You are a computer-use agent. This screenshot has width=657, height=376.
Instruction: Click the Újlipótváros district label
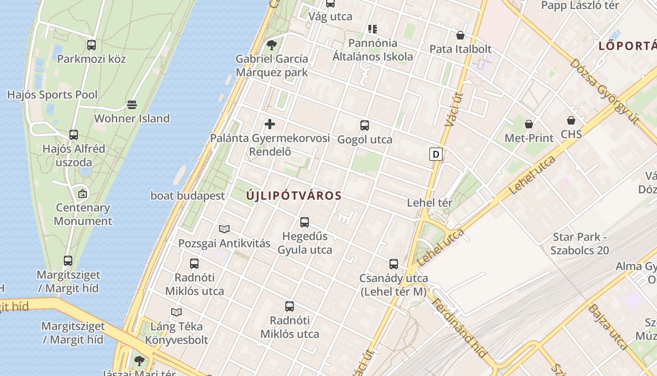(x=294, y=196)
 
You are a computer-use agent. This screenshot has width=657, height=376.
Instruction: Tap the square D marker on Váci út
(x=436, y=154)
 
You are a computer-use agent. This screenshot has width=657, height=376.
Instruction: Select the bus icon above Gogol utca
(x=365, y=125)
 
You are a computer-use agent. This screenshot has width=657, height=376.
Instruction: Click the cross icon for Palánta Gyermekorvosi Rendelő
(x=270, y=125)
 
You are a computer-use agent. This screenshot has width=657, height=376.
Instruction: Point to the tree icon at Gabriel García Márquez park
(x=271, y=45)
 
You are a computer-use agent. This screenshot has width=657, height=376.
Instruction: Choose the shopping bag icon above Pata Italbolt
(x=460, y=35)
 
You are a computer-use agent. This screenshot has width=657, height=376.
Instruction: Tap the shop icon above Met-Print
(x=529, y=124)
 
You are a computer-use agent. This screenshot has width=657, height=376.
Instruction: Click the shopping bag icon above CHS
(x=571, y=121)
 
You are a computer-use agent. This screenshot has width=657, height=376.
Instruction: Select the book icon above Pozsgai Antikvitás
(x=224, y=229)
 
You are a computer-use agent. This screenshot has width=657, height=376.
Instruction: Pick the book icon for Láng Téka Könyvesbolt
(x=176, y=312)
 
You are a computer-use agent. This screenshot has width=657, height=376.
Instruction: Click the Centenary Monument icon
(x=83, y=193)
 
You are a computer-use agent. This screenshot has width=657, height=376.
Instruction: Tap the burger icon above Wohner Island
(x=132, y=104)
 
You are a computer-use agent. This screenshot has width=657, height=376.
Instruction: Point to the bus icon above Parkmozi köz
(x=92, y=45)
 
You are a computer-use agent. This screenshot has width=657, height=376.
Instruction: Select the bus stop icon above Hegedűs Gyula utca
(x=305, y=222)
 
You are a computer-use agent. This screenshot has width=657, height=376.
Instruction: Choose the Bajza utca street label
(x=608, y=327)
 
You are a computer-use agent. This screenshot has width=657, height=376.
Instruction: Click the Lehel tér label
(x=429, y=203)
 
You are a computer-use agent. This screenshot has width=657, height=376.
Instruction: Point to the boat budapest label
(x=188, y=196)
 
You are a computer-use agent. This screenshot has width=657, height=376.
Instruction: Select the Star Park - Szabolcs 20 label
(x=580, y=243)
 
